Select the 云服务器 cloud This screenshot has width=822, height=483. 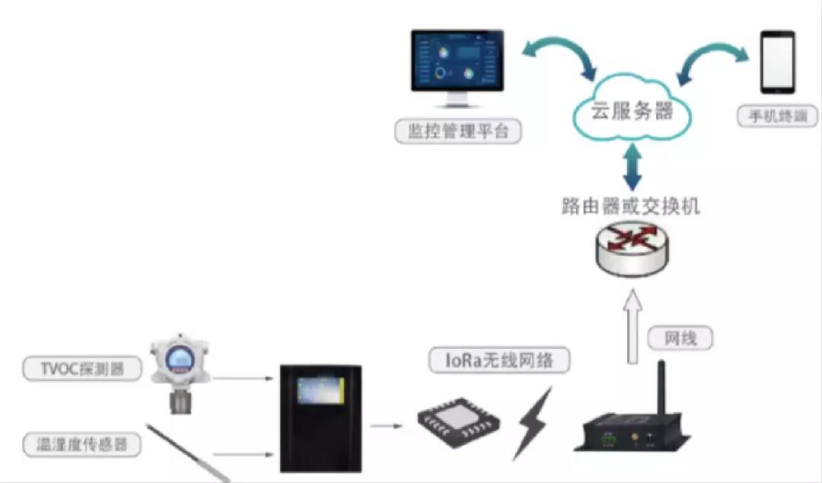click(x=632, y=112)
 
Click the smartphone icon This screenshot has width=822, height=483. click(x=778, y=61)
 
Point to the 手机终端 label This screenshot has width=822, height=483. click(x=777, y=117)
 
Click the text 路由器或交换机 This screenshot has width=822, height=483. click(x=631, y=206)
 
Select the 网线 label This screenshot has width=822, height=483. click(x=680, y=339)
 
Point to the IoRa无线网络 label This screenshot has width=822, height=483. click(x=499, y=360)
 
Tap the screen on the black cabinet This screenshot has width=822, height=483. click(x=320, y=391)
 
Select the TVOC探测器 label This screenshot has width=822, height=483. click(x=82, y=370)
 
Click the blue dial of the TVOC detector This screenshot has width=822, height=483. click(x=178, y=357)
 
